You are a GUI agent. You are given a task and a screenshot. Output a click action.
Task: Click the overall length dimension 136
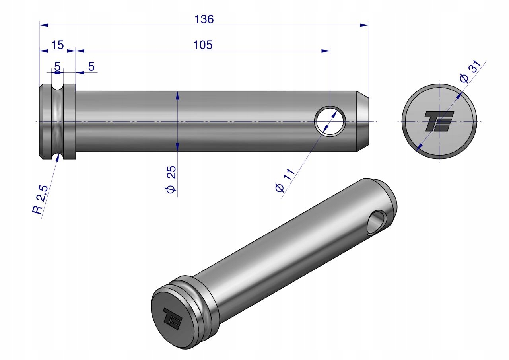(204, 19)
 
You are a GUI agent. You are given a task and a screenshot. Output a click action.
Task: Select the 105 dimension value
(203, 45)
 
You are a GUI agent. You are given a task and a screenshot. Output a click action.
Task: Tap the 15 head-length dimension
(58, 45)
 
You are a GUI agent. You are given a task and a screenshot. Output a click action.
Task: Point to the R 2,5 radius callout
(40, 200)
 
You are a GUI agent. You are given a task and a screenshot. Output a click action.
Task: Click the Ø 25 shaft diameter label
(171, 179)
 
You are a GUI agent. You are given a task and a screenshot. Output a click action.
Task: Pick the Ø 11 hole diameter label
(285, 180)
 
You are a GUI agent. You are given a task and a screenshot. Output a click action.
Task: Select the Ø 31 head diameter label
(470, 71)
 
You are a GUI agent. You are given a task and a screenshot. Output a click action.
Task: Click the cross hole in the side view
(330, 121)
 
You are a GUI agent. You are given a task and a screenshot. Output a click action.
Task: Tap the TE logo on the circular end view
(439, 121)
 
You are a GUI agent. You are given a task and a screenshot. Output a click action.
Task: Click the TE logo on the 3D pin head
(173, 318)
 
